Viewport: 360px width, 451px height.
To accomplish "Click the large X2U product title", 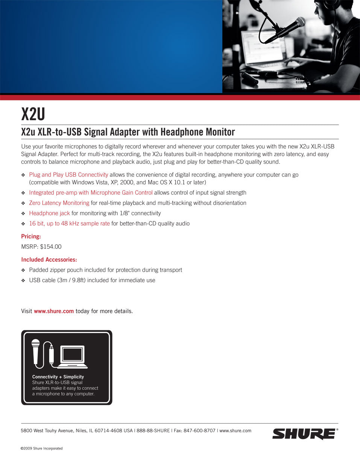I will tap(33, 114).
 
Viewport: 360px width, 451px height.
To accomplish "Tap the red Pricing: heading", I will tap(31, 236).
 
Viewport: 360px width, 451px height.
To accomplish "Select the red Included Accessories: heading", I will tap(49, 260).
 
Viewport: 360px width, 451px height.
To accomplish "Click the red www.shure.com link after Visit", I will tap(54, 311).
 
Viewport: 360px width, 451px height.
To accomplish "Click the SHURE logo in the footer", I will tap(304, 434).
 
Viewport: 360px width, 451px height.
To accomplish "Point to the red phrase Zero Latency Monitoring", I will tap(59, 203).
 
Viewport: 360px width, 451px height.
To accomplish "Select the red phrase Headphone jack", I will tap(49, 213).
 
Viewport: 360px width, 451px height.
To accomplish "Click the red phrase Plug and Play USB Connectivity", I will tap(68, 175).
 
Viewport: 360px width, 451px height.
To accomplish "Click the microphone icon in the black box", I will tap(36, 351).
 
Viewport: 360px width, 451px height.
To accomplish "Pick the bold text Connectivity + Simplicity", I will tap(58, 377).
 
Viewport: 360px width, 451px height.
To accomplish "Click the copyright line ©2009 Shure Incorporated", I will tap(41, 448).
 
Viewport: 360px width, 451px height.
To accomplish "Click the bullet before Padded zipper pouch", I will tap(23, 270).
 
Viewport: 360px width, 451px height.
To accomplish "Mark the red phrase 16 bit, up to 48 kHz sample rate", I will tap(69, 224).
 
